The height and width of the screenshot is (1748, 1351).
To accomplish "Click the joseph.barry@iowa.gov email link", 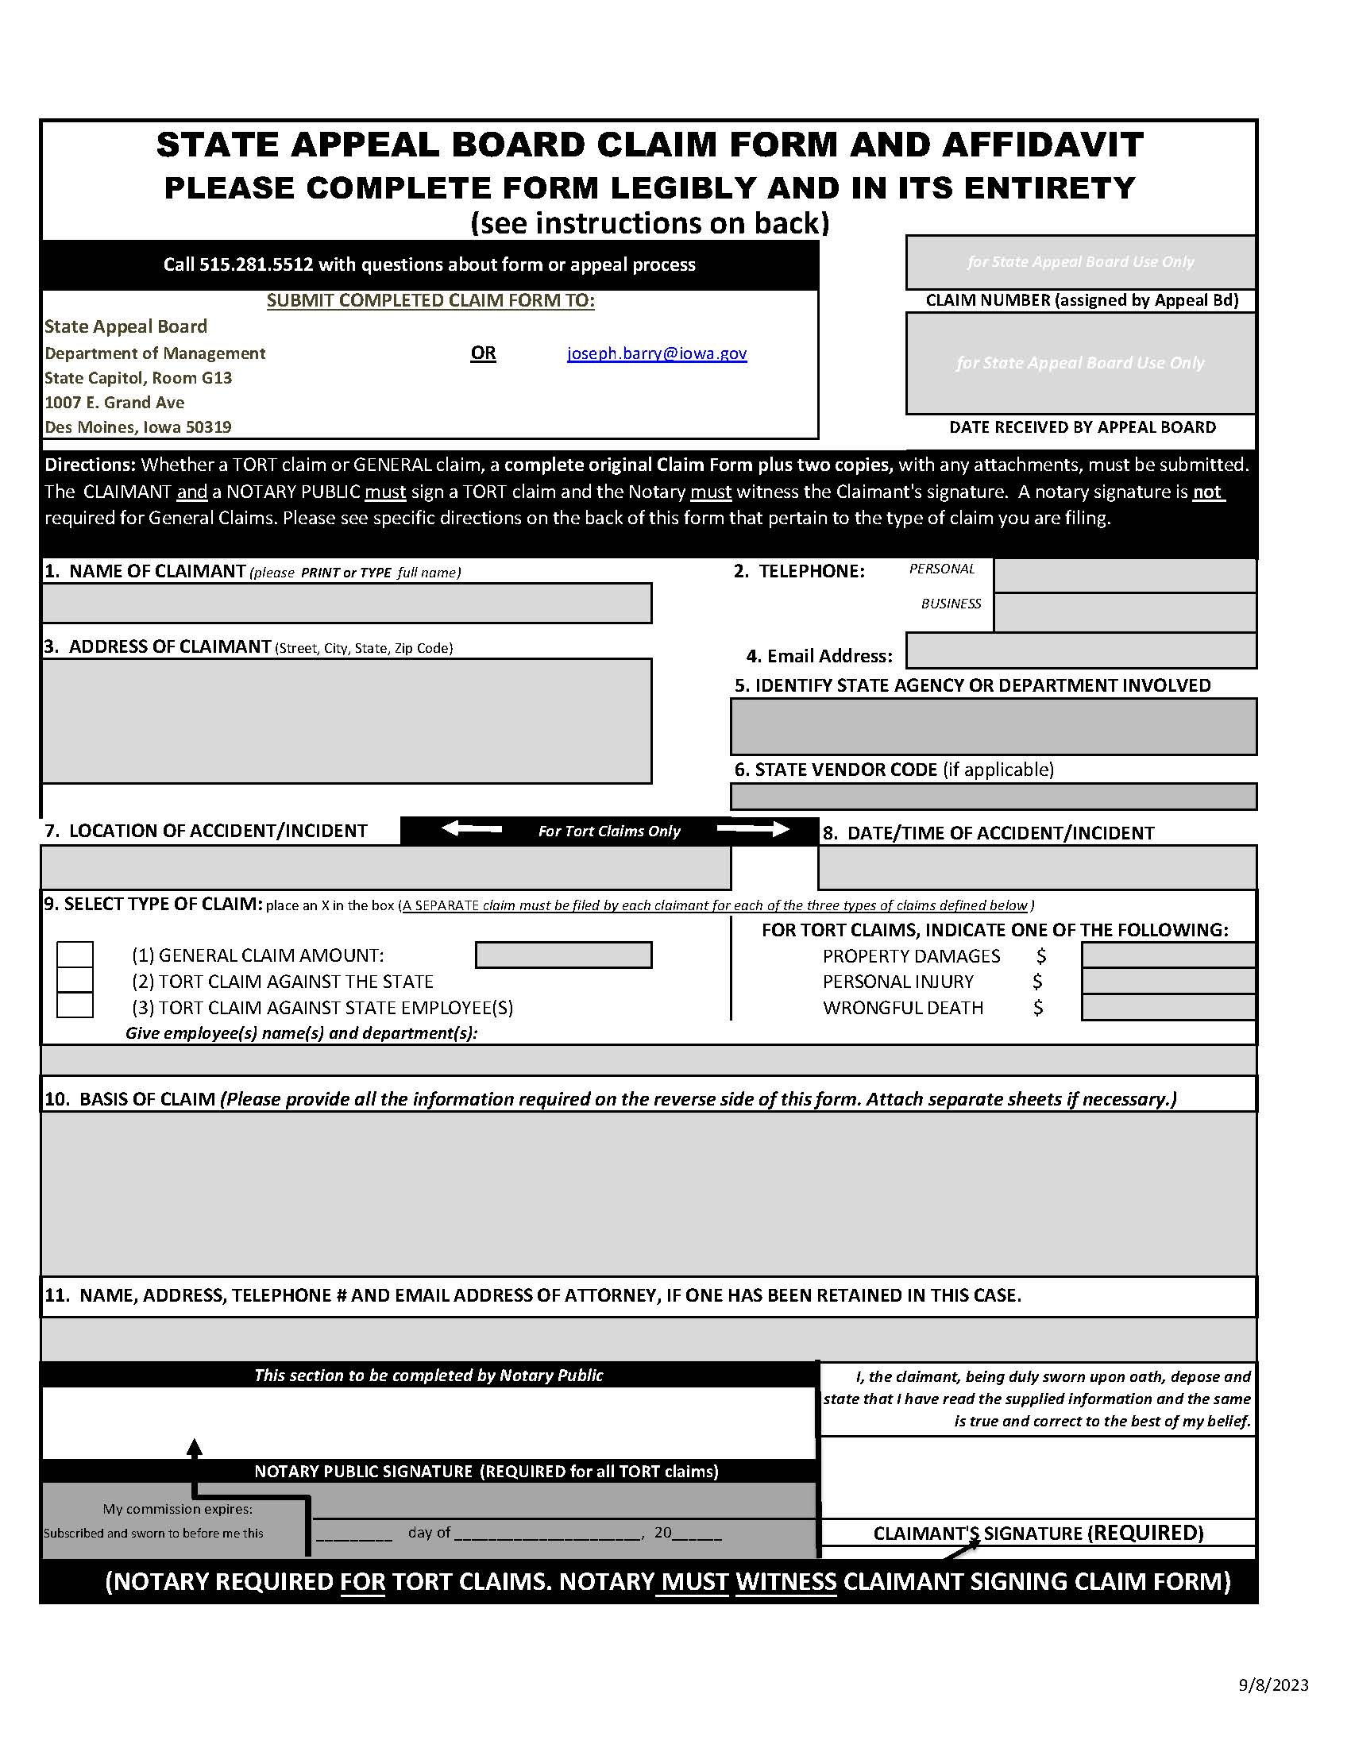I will (656, 353).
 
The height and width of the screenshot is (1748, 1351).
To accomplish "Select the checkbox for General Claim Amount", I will (75, 954).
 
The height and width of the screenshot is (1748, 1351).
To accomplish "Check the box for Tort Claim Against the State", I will (75, 980).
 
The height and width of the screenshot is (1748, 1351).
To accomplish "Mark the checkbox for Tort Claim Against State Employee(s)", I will (75, 1005).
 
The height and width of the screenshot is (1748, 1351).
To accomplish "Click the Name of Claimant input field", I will (346, 603).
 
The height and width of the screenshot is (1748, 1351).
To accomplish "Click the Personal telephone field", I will (1124, 577).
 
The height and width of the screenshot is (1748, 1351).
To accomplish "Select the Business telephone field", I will (1124, 612).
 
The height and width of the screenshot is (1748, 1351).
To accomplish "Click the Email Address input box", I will (1080, 650).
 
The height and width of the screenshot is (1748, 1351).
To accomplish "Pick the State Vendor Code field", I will (993, 797).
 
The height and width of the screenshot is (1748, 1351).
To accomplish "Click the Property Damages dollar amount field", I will (1167, 955).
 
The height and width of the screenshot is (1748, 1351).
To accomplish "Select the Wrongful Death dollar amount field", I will (1167, 1008).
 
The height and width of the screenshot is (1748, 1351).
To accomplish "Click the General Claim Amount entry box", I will (563, 955).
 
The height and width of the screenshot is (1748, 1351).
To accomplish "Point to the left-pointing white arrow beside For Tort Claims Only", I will (473, 829).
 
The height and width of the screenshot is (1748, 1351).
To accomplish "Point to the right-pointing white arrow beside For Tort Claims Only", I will (752, 829).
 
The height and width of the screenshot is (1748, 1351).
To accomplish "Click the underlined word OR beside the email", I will (483, 353).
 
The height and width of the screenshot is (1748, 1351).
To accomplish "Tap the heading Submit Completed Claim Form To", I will (430, 301).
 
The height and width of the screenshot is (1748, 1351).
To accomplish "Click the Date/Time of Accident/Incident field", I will (1036, 866).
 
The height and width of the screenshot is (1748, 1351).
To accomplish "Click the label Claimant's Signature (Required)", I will (1038, 1533).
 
